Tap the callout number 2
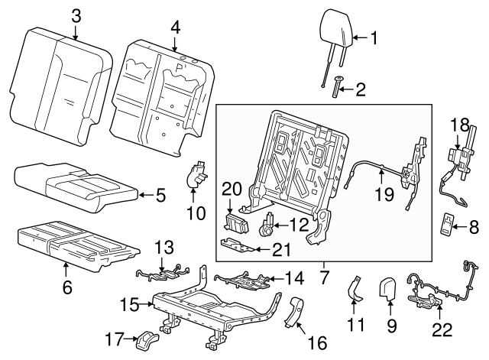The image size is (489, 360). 361,91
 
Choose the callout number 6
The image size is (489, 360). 66,287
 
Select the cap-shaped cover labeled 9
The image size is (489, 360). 389,288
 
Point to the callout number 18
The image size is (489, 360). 458,123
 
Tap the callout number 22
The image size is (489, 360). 442,330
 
